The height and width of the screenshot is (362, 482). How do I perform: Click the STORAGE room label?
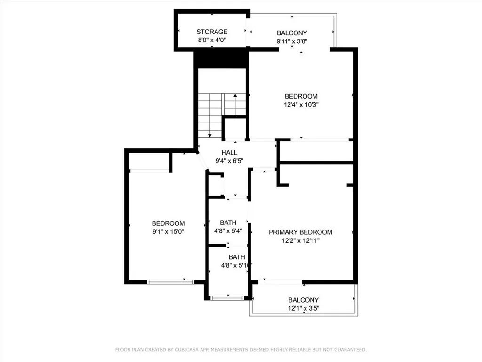tap(212, 32)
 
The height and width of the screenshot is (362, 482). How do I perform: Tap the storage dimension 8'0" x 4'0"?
tap(212, 41)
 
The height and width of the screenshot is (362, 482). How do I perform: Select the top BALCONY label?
tap(292, 33)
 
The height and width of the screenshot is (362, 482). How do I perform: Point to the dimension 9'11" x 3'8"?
tap(292, 41)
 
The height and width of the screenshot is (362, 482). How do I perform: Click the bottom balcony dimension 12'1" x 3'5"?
tap(303, 309)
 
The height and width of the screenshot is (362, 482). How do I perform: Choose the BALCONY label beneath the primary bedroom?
tap(303, 300)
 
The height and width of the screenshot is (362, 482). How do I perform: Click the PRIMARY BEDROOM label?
tap(300, 232)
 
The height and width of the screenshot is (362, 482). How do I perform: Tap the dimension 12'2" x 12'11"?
tap(300, 240)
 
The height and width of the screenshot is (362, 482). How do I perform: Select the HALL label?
tap(230, 153)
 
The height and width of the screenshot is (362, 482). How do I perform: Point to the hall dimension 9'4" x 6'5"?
tap(230, 161)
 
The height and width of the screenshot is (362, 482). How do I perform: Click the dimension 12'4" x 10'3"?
tap(301, 105)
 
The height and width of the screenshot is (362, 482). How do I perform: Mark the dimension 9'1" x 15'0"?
tap(168, 232)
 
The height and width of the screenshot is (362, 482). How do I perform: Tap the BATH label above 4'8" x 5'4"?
tap(228, 222)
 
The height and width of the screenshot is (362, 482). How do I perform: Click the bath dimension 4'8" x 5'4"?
tap(228, 231)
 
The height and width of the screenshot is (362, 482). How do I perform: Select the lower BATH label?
tap(237, 257)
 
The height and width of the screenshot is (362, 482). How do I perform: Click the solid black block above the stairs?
tap(221, 59)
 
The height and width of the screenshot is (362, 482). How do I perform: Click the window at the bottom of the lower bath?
tap(227, 297)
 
